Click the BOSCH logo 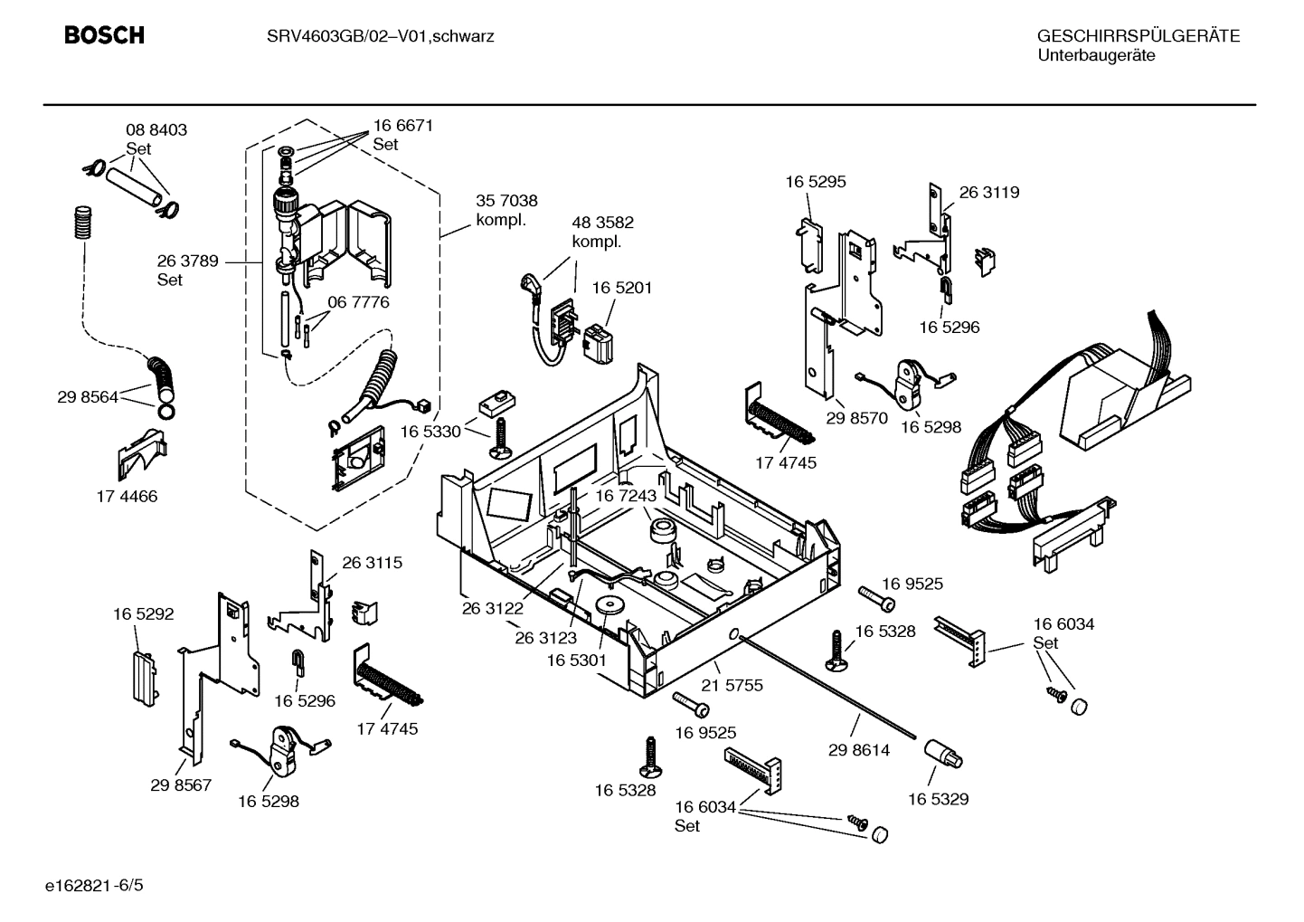[x=104, y=35]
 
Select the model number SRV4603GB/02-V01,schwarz [x=380, y=36]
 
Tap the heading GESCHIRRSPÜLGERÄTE [x=1138, y=36]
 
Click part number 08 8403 [x=156, y=130]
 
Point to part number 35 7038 [x=506, y=201]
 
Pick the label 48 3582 [x=602, y=223]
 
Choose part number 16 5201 [x=621, y=288]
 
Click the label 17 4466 [x=127, y=496]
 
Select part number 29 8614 [x=859, y=750]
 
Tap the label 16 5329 [x=938, y=799]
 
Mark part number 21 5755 [x=732, y=685]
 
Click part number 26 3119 [x=988, y=192]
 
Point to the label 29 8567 [x=181, y=784]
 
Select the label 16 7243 [x=625, y=496]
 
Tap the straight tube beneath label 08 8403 [x=136, y=186]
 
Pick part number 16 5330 [x=430, y=432]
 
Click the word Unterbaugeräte [x=1095, y=56]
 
